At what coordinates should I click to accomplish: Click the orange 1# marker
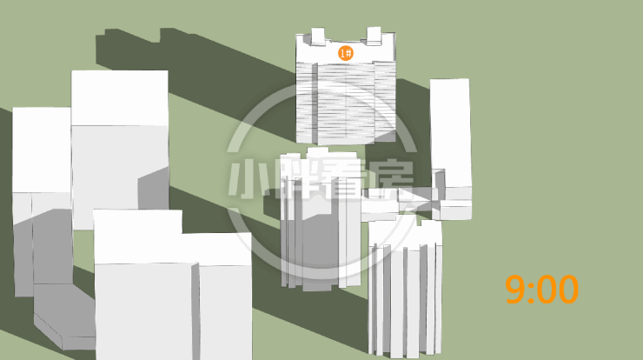pyautogui.click(x=345, y=53)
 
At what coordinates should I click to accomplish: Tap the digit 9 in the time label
pyautogui.click(x=515, y=290)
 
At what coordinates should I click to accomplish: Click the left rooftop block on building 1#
pyautogui.click(x=319, y=37)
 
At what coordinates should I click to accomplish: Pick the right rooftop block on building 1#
pyautogui.click(x=374, y=36)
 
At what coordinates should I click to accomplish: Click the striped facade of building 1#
pyautogui.click(x=346, y=102)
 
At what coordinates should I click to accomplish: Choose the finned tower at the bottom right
pyautogui.click(x=405, y=287)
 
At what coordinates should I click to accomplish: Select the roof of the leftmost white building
pyautogui.click(x=41, y=150)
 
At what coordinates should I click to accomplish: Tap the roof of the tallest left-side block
pyautogui.click(x=119, y=97)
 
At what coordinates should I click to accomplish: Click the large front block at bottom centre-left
pyautogui.click(x=172, y=287)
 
